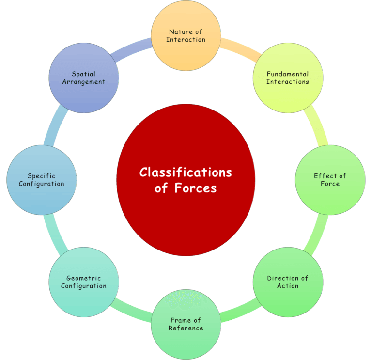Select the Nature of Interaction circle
186,35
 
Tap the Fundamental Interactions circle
288,78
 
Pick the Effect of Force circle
330,180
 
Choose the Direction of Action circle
288,282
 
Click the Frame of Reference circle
186,324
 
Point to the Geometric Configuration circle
84,282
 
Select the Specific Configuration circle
42,180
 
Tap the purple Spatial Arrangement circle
84,78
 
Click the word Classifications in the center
186,172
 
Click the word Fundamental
288,74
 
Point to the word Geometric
84,278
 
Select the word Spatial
84,74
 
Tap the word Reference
186,328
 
